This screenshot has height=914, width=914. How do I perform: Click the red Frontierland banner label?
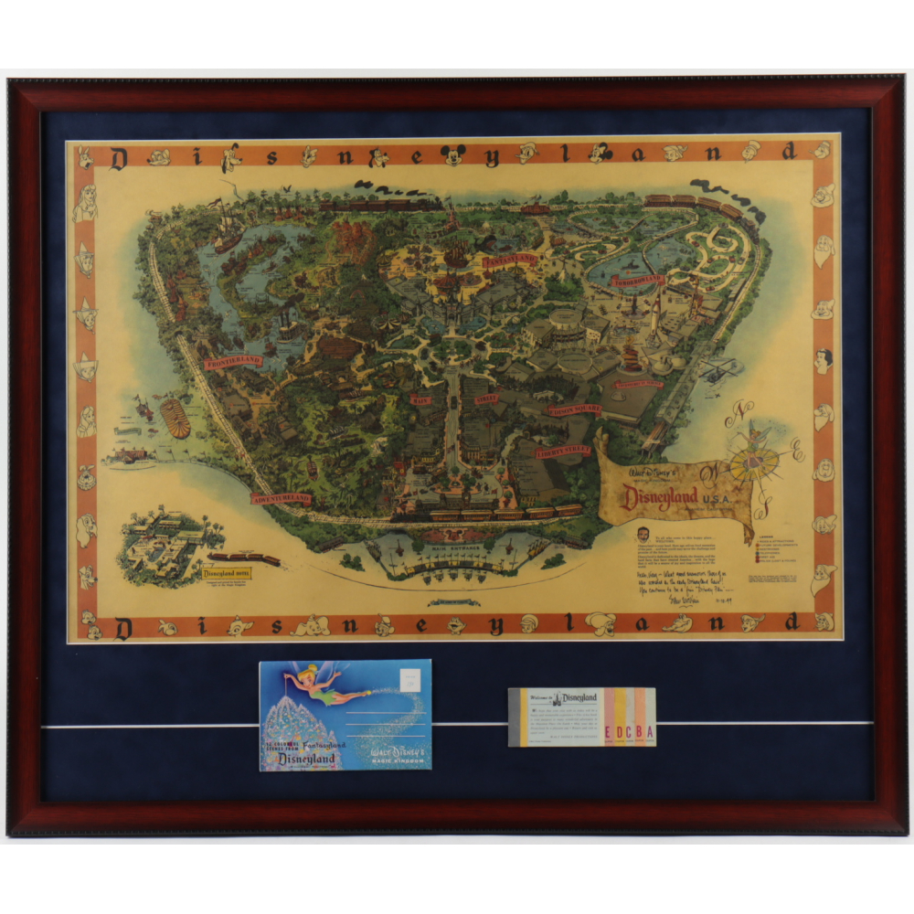tap(234, 361)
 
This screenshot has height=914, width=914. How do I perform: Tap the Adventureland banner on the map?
tap(281, 499)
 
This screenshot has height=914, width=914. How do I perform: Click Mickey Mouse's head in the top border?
tap(452, 155)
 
